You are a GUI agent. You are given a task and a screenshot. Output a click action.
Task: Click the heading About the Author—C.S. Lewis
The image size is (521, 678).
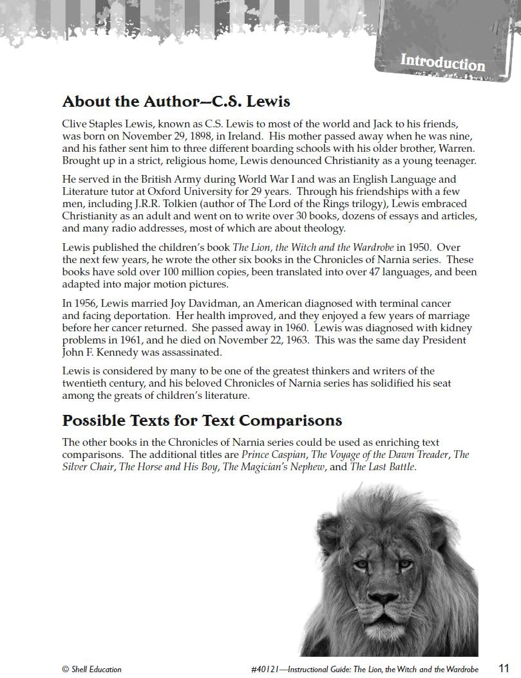pos(176,102)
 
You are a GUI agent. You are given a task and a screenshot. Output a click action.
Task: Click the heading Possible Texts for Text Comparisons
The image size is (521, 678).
pos(202,421)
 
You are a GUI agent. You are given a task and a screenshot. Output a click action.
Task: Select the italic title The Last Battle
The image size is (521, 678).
pos(383,467)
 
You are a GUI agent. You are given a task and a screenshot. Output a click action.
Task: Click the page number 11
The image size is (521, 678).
pos(504,668)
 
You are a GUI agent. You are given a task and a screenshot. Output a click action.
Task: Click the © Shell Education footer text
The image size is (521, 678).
pos(91,670)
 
